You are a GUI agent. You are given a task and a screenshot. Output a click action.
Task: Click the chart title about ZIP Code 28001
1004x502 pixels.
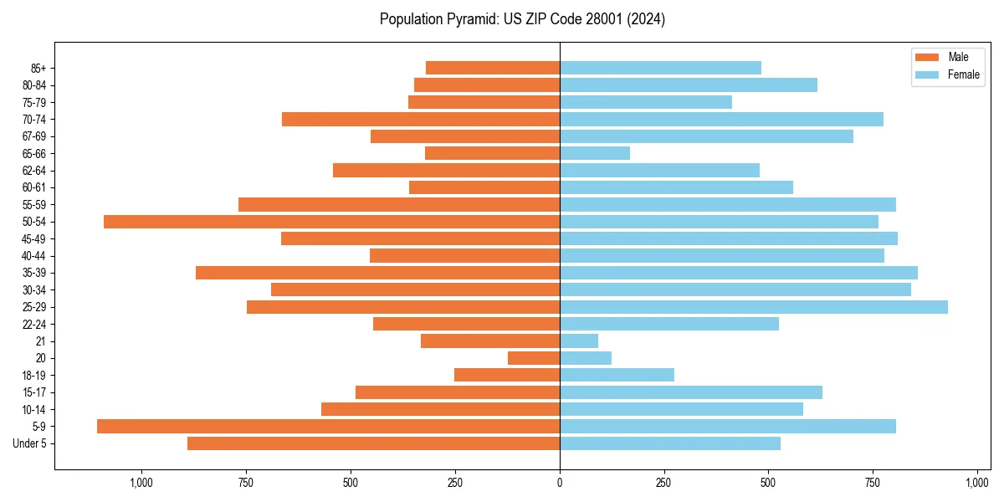pos(522,19)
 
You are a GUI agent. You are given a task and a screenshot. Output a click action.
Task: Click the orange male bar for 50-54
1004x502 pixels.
pos(331,222)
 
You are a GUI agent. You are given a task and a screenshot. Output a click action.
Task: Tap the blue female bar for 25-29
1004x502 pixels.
pos(753,307)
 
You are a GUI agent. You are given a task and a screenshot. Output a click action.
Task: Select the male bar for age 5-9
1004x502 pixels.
pos(328,427)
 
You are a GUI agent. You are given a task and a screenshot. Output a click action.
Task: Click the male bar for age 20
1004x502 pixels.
pos(534,358)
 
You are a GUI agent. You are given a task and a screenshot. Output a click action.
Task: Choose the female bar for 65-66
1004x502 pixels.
pos(595,153)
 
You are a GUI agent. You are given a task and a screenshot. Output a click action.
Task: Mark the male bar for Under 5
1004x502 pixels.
pos(373,443)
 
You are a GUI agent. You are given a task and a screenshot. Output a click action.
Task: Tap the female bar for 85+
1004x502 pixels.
pos(660,68)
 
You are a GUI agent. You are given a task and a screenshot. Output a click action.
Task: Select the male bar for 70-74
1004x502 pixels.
pos(421,119)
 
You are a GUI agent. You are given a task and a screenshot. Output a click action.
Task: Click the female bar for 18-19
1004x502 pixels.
pos(617,375)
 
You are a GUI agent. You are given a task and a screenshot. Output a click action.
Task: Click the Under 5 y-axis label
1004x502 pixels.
pos(29,443)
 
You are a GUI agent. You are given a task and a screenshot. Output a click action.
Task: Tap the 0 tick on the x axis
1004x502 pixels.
pos(560,483)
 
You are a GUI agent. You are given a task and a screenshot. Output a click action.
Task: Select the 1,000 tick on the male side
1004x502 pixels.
pos(141,483)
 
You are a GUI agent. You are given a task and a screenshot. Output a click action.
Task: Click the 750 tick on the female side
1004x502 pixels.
pos(873,483)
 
